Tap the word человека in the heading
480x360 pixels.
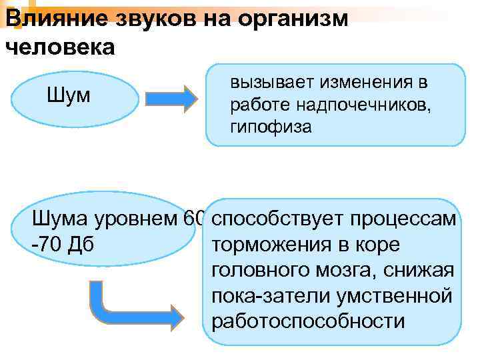(x=59, y=47)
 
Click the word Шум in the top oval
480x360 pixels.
(x=69, y=97)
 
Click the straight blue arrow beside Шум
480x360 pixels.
(x=172, y=98)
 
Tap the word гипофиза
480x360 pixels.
(x=271, y=127)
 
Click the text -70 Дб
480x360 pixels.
(x=63, y=245)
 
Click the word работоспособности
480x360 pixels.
(x=307, y=321)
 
